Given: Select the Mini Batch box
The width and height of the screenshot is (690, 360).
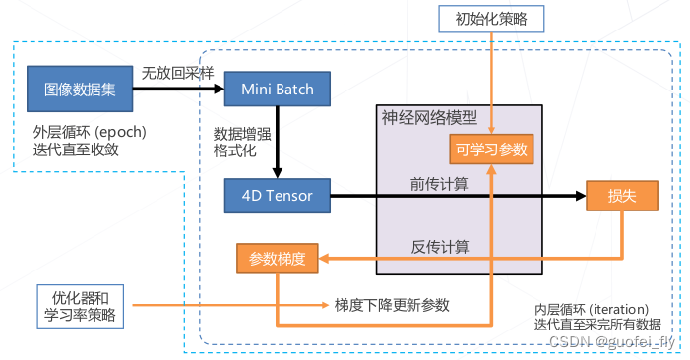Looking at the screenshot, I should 277,90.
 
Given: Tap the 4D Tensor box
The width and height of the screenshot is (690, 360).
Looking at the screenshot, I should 277,196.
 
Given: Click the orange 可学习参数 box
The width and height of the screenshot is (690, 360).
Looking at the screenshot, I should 491,150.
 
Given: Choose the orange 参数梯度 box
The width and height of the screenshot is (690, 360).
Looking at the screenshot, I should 277,259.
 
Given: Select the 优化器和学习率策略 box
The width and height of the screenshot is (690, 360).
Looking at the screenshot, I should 81,305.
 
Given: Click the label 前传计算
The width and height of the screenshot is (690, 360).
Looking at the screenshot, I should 439,183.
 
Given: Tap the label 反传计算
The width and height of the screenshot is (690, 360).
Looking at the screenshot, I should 439,245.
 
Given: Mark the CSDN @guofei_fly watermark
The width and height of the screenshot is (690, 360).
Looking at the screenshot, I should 613,340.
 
